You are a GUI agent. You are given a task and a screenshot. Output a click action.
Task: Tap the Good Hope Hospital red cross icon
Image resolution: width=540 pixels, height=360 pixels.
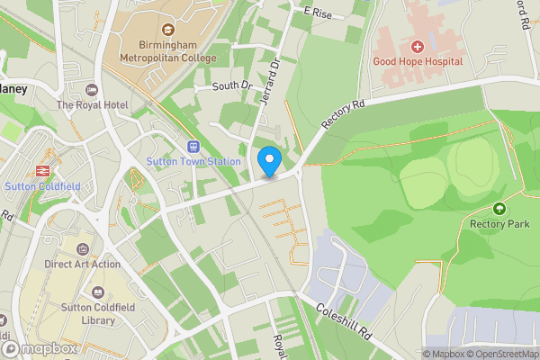pyautogui.click(x=418, y=46)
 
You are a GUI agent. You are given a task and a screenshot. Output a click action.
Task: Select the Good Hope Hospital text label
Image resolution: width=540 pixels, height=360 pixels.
pyautogui.click(x=418, y=61)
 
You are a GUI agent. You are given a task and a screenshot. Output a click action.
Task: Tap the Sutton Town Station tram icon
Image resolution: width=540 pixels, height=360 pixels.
pyautogui.click(x=193, y=147)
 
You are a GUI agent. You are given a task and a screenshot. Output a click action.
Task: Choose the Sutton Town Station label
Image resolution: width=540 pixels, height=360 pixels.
pyautogui.click(x=193, y=162)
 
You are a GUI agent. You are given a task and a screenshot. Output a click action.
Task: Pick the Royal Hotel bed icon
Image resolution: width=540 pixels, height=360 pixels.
pyautogui.click(x=91, y=90)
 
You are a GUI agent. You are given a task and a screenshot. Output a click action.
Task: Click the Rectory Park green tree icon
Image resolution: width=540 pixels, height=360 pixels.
pyautogui.click(x=500, y=209)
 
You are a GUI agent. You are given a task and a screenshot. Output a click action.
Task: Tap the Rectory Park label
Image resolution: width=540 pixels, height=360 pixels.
pyautogui.click(x=500, y=224)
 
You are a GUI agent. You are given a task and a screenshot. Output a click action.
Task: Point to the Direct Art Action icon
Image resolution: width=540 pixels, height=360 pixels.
pyautogui.click(x=82, y=249)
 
